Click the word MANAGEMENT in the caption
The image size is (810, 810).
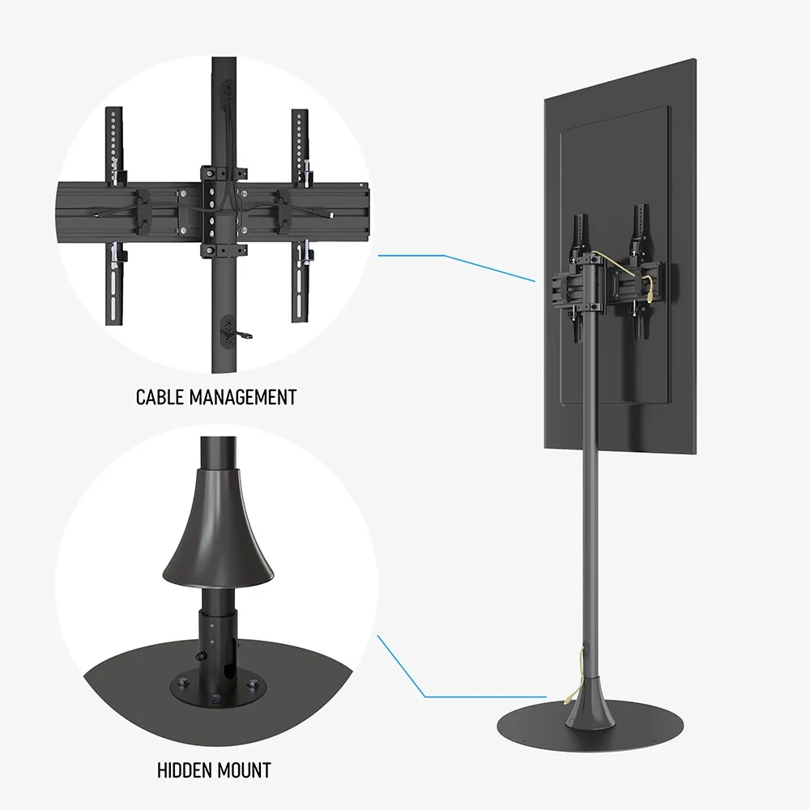click(243, 397)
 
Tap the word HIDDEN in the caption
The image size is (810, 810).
click(181, 770)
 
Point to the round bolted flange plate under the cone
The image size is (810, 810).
click(218, 688)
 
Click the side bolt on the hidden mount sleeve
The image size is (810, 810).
click(199, 657)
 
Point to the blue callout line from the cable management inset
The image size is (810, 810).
click(457, 267)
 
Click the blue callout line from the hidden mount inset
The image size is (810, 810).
click(463, 667)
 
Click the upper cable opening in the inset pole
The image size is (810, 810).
click(227, 93)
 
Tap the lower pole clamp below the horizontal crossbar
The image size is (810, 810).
click(224, 250)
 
